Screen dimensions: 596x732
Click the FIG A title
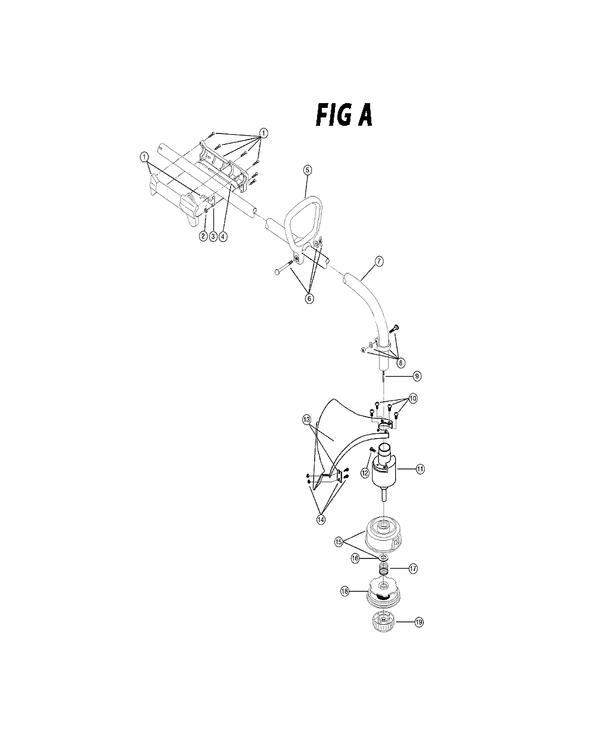(344, 115)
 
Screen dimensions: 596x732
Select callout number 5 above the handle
(307, 170)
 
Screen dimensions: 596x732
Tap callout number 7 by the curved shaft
(378, 261)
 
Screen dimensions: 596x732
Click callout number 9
(417, 376)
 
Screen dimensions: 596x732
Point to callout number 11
(420, 469)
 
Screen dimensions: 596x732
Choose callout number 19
(419, 622)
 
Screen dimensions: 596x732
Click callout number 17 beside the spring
(413, 569)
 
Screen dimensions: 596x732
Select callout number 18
(344, 591)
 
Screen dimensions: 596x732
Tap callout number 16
(355, 559)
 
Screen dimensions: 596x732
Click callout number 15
(339, 542)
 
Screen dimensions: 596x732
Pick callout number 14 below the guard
(321, 520)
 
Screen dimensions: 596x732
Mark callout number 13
(306, 420)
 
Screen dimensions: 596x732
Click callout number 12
(365, 473)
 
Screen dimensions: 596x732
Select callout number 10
(413, 399)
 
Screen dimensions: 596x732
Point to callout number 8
(401, 362)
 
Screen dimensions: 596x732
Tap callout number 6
(309, 299)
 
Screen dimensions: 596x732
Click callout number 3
(213, 237)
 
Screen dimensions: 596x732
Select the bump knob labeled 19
(383, 621)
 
